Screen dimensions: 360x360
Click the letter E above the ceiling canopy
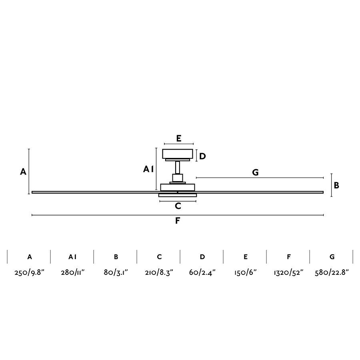179,138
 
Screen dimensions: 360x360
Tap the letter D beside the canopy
202,156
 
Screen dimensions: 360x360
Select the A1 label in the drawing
148,170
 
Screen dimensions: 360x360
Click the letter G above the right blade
255,172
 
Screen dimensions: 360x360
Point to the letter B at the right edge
336,185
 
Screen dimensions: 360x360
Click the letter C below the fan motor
178,206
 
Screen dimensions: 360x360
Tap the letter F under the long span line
178,221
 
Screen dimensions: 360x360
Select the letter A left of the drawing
23,172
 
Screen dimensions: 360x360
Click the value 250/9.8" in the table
29,272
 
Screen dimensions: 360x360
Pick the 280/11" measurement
72,272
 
